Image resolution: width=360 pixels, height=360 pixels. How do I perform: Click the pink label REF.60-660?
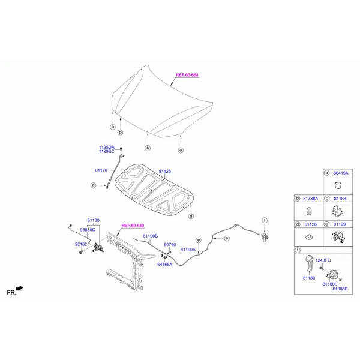187,75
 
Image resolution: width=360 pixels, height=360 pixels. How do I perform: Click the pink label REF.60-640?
133,226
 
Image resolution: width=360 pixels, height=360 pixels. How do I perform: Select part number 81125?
164,171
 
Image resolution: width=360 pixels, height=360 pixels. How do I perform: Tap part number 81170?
101,170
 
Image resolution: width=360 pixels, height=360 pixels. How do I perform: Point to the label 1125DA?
107,147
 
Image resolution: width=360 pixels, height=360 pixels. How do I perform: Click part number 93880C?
87,230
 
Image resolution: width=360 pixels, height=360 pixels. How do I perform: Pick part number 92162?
81,244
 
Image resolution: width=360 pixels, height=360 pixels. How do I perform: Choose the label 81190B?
150,236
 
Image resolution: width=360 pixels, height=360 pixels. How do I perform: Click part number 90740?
170,245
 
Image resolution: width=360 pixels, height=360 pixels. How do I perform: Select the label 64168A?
164,264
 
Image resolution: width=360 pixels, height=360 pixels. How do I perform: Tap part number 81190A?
188,250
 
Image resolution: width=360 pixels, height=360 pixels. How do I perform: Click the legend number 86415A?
341,173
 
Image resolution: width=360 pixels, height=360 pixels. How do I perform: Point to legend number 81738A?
310,199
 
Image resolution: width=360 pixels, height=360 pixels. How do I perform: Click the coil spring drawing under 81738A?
309,211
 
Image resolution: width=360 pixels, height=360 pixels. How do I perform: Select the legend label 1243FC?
323,260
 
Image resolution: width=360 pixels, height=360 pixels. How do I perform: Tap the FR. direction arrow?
19,289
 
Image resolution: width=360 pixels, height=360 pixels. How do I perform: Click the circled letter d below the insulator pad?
191,216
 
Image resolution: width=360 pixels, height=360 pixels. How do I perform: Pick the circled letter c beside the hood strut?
93,185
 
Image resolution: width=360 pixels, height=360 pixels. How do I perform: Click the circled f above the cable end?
265,220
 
